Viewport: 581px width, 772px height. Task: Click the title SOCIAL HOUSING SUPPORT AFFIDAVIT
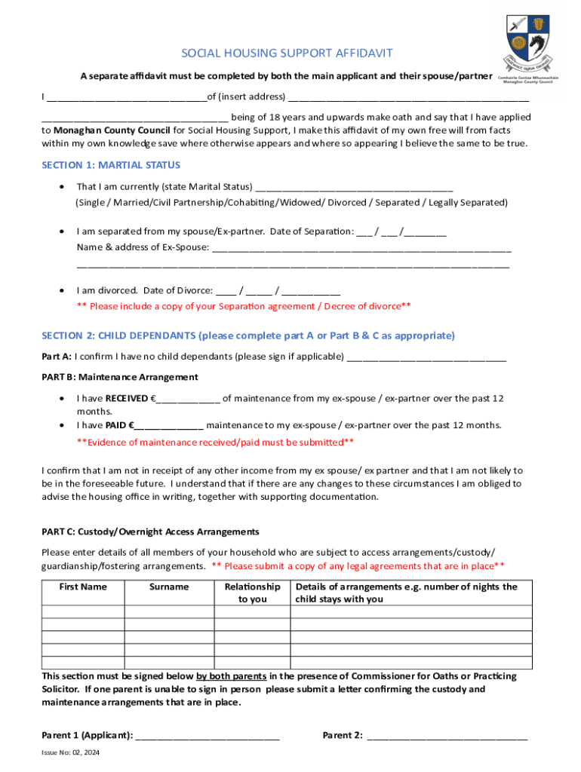[x=287, y=53]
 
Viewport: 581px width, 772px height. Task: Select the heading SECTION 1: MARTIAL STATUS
[x=111, y=165]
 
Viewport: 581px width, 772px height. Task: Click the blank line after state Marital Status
[x=354, y=188]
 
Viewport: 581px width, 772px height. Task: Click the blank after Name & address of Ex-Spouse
[x=361, y=248]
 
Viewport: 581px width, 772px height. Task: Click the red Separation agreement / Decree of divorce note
[x=244, y=306]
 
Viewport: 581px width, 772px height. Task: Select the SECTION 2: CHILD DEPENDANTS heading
[x=248, y=335]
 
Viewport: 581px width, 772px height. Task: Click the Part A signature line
[x=426, y=358]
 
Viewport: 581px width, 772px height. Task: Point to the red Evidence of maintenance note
[x=216, y=443]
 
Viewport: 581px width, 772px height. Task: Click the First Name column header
[x=83, y=587]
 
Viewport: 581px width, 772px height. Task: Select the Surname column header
[x=169, y=587]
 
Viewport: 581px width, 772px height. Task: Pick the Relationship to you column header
[x=252, y=593]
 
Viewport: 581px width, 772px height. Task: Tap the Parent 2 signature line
[x=447, y=737]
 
